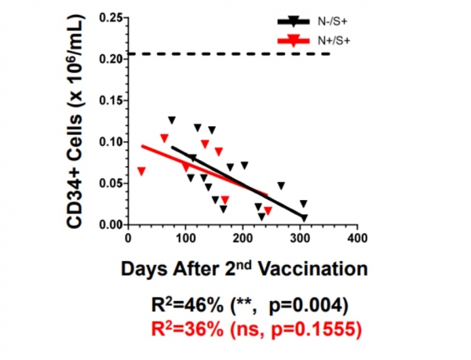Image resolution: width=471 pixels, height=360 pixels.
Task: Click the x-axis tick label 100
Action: coord(184,238)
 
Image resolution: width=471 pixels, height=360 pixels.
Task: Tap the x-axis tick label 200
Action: coord(243,238)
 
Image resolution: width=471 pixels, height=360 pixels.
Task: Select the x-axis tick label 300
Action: coord(300,238)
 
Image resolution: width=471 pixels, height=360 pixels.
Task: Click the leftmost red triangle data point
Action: coord(141,171)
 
